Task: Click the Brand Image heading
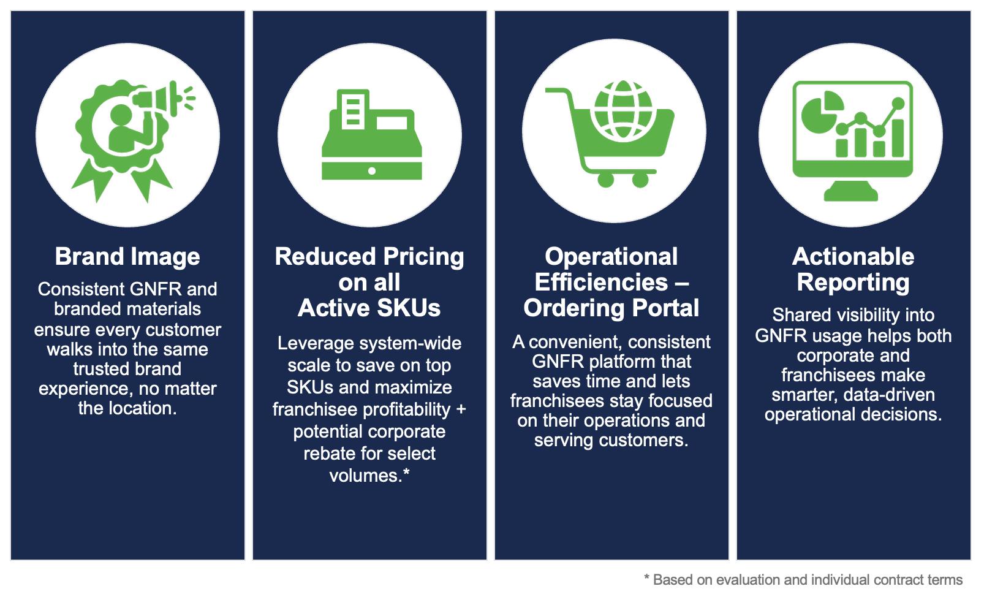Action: tap(127, 256)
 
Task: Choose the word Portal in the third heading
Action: tap(666, 308)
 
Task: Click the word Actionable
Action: tap(853, 256)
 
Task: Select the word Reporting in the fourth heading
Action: tap(853, 282)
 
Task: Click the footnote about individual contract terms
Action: tap(803, 580)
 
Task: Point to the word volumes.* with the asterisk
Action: tap(369, 476)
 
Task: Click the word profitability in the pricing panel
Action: tap(404, 409)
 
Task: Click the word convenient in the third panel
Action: tap(572, 341)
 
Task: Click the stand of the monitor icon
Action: tap(852, 189)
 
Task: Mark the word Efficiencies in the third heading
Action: tap(601, 282)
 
